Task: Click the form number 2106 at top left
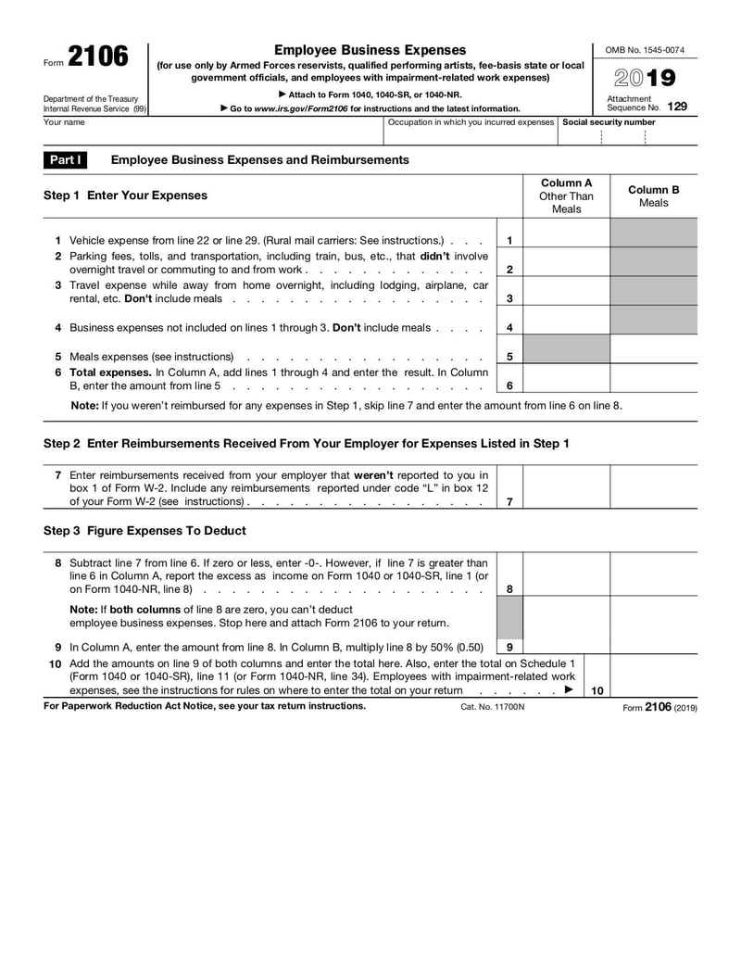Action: pyautogui.click(x=97, y=57)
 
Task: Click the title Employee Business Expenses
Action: pyautogui.click(x=370, y=50)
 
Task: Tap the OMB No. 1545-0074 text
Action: pyautogui.click(x=645, y=50)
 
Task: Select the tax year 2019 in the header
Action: pyautogui.click(x=645, y=78)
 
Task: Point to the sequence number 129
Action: pyautogui.click(x=677, y=107)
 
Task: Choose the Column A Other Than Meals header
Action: pyautogui.click(x=566, y=196)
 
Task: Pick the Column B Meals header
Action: pyautogui.click(x=653, y=196)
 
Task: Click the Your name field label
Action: pyautogui.click(x=64, y=122)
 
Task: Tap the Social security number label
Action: pyautogui.click(x=609, y=122)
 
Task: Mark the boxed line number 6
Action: pyautogui.click(x=509, y=385)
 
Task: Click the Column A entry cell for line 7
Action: pyautogui.click(x=566, y=487)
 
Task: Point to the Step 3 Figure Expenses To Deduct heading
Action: pyautogui.click(x=144, y=531)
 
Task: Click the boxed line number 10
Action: pyautogui.click(x=597, y=690)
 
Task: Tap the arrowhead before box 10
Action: pyautogui.click(x=569, y=690)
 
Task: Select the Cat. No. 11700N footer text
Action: pyautogui.click(x=492, y=707)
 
